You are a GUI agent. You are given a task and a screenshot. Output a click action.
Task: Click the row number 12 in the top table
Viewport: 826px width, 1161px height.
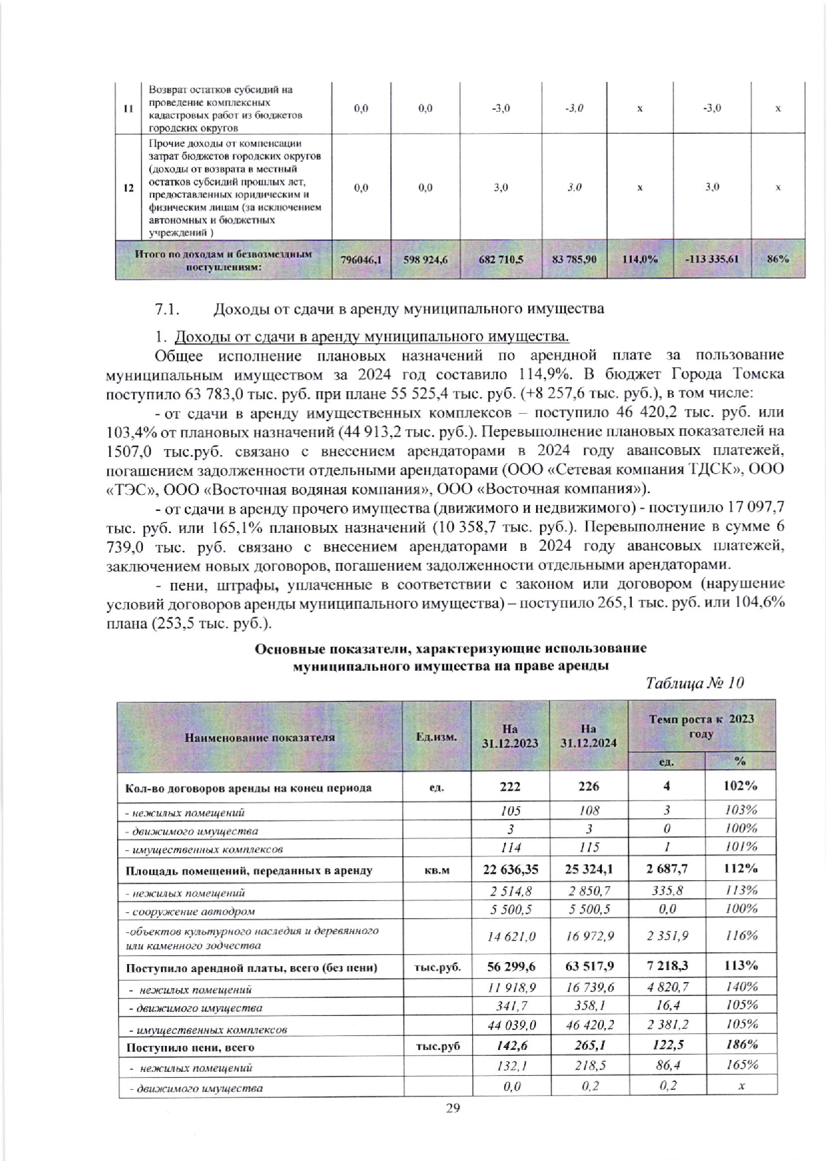click(x=128, y=188)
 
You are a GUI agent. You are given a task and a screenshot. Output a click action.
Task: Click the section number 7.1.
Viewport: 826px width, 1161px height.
click(x=168, y=309)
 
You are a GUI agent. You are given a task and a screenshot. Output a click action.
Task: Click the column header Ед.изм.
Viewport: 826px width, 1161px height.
click(x=436, y=737)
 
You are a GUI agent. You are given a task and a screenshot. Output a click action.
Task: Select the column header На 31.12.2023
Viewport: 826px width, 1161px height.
click(x=510, y=737)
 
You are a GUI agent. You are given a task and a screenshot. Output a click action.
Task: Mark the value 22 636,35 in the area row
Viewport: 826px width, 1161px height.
click(x=510, y=869)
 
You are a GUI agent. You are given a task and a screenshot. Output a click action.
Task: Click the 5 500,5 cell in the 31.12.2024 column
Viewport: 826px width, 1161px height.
click(x=589, y=909)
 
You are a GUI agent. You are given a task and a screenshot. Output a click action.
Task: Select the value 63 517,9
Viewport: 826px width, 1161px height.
click(x=589, y=966)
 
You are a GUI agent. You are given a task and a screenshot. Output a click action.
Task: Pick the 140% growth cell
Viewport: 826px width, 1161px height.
click(x=740, y=987)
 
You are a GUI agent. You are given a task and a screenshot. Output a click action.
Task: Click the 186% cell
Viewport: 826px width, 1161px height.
click(x=740, y=1045)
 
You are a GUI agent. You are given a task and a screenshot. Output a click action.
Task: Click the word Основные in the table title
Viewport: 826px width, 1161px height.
click(x=286, y=649)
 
